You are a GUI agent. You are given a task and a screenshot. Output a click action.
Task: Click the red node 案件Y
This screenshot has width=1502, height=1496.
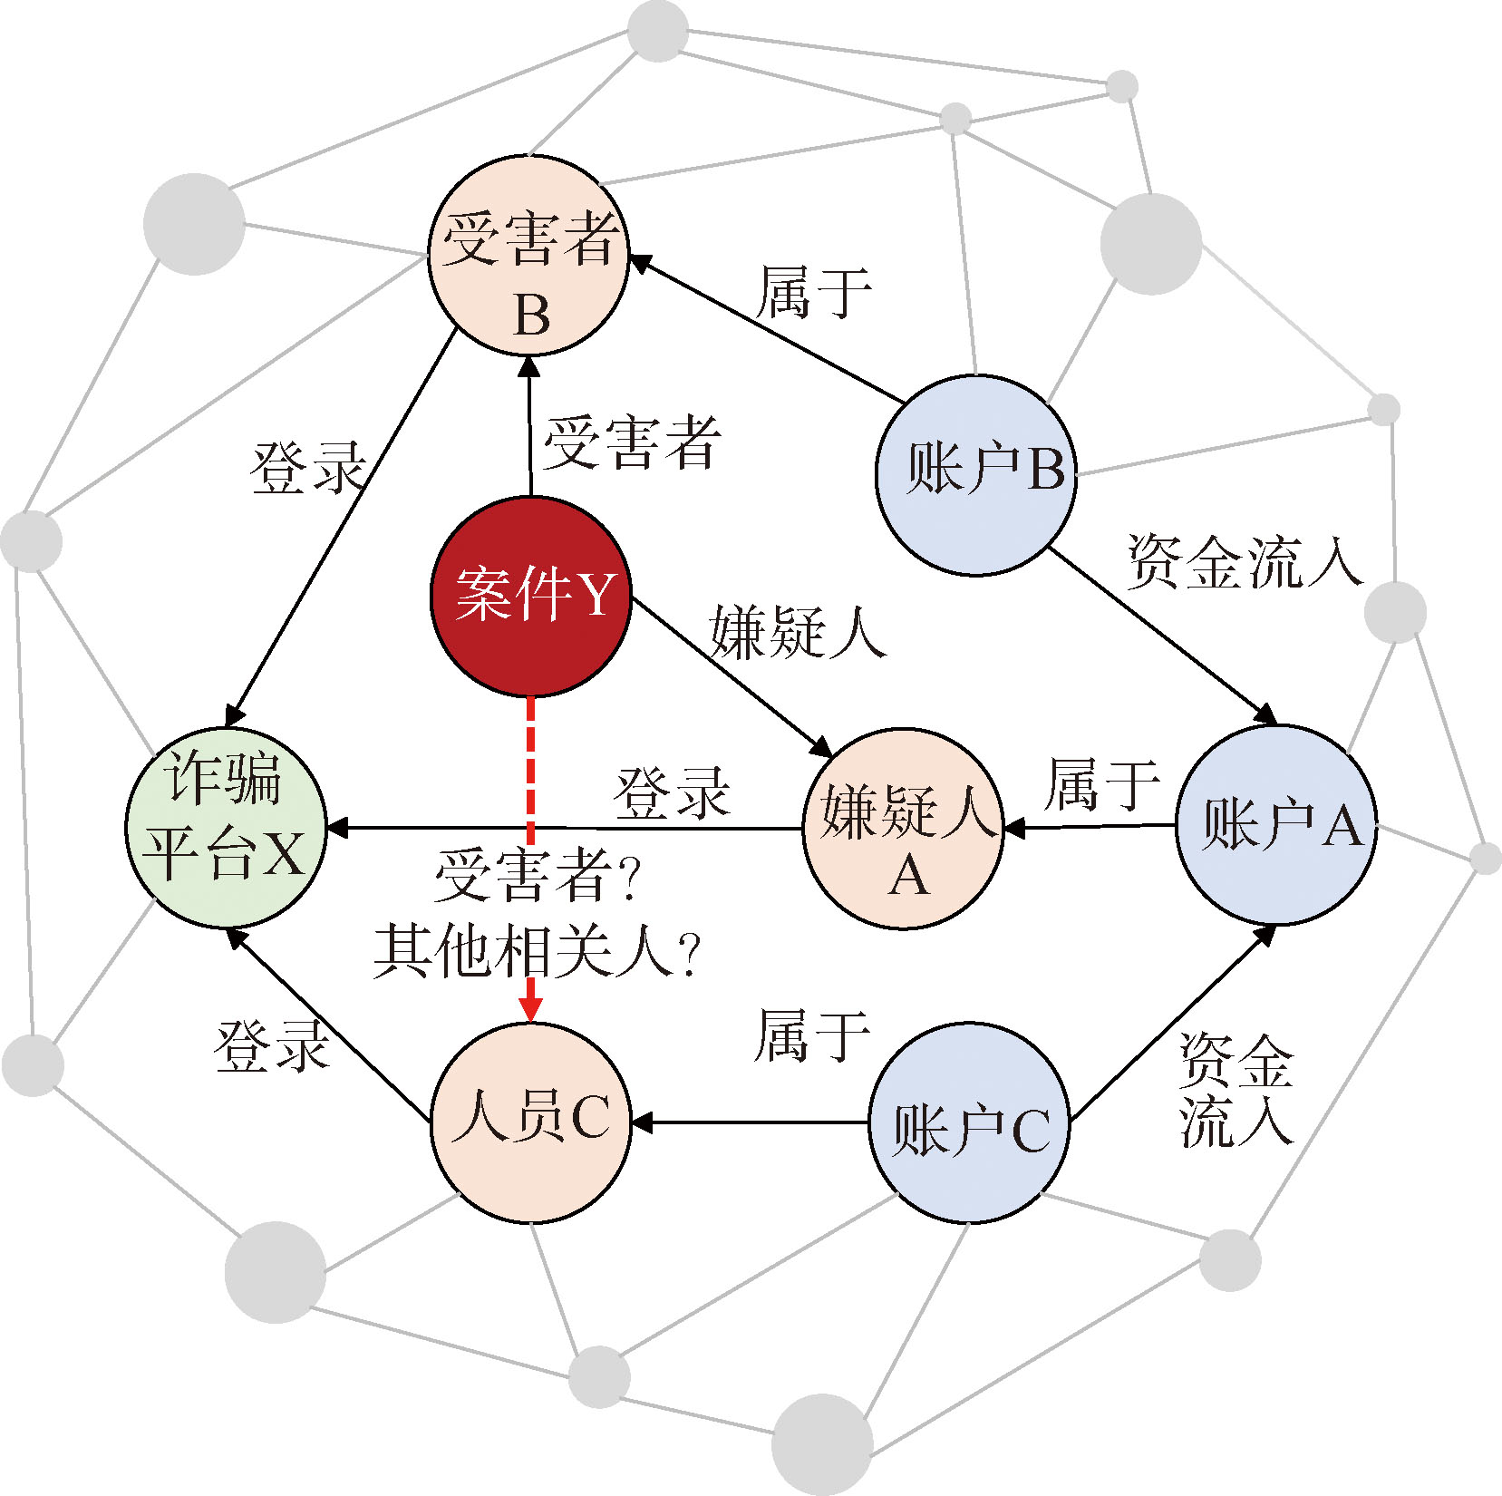coord(530,597)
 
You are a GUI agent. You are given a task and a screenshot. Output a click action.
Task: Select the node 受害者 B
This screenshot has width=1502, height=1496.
coord(529,256)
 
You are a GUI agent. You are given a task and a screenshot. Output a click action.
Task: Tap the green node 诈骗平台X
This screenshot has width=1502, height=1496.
coord(226,828)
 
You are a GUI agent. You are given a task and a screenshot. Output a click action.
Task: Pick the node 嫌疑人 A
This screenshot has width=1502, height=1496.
coord(903,829)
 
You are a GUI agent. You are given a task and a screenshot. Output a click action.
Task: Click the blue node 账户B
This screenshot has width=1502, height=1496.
coord(976,475)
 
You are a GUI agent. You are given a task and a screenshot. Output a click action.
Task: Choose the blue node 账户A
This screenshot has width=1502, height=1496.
coord(1276,825)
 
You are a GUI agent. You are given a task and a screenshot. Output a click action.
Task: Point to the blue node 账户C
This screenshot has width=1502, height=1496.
coord(970,1123)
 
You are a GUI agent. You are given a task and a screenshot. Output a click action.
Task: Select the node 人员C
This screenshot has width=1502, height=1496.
coord(530,1123)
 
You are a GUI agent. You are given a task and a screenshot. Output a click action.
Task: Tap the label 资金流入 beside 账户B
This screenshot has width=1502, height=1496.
coord(1245,561)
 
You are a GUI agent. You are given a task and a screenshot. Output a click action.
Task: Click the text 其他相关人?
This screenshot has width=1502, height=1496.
coord(538,951)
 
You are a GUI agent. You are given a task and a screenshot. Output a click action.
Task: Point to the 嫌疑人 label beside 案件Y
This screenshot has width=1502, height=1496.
coord(798,632)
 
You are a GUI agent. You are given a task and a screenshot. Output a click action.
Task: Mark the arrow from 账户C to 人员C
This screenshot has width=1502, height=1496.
coord(750,1123)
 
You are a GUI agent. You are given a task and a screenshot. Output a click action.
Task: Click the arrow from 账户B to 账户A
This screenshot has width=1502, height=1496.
coord(1163,636)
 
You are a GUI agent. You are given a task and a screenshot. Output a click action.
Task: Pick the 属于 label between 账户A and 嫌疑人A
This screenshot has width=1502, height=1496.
coord(1101,784)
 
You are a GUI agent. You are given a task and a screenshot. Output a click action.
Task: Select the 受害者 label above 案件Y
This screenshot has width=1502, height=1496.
coord(632,442)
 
